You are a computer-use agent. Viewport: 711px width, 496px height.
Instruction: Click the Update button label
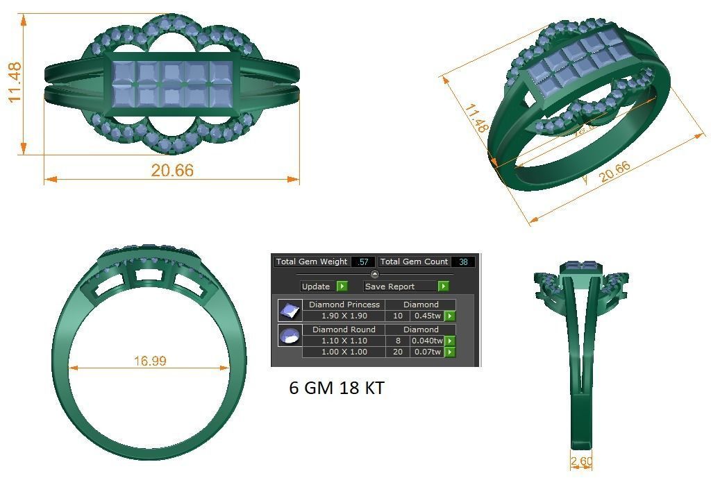(317, 287)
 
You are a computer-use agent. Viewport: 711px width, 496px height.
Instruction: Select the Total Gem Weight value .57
(362, 262)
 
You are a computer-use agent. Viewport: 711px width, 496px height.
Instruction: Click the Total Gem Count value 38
(462, 262)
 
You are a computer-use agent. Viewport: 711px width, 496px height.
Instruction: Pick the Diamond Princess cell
(344, 305)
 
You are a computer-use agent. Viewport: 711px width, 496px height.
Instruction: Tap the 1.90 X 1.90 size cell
(344, 316)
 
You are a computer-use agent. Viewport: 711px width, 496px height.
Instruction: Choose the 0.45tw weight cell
(428, 316)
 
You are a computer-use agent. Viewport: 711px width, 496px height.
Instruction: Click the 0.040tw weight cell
(427, 341)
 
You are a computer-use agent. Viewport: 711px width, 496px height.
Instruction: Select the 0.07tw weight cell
(428, 352)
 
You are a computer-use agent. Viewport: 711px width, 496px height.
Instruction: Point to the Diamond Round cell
(344, 330)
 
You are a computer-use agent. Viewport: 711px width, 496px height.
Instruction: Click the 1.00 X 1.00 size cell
(344, 352)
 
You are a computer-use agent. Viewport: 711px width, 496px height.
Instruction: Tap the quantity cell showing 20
(398, 352)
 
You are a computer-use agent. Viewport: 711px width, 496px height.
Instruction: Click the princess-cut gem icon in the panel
(289, 310)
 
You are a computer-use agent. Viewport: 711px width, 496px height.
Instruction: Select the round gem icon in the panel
(289, 336)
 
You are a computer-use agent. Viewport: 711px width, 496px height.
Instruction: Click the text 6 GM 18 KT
(336, 388)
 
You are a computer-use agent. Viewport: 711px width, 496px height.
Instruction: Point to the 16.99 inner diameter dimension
(149, 361)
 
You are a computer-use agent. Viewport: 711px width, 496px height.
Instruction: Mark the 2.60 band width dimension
(581, 461)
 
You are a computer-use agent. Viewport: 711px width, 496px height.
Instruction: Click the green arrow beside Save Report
(443, 287)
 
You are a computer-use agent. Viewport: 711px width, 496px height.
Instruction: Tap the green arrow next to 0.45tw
(450, 316)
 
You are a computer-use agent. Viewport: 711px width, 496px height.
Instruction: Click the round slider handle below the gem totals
(375, 274)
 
